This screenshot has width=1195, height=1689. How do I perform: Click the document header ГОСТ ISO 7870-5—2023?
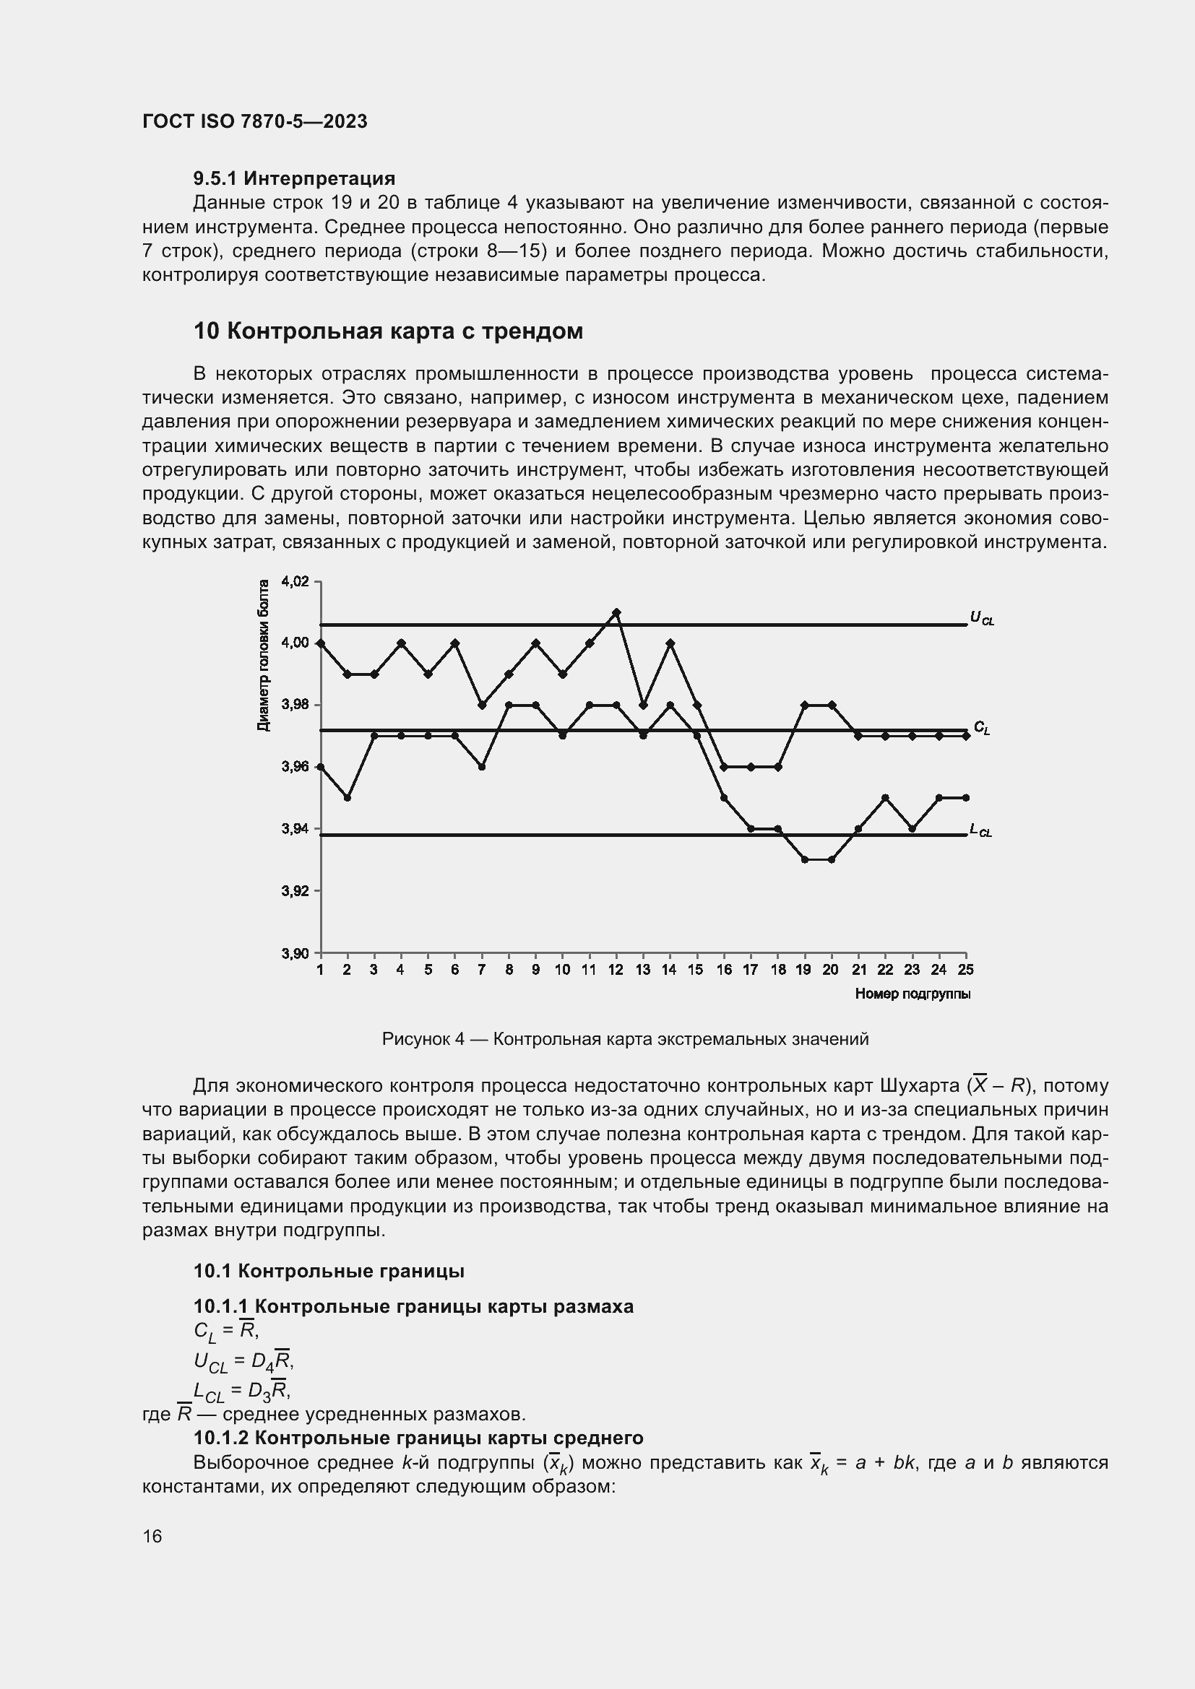click(x=254, y=122)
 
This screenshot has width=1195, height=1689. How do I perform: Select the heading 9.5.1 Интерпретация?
click(x=293, y=179)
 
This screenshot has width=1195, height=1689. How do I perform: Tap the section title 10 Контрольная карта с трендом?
click(x=388, y=331)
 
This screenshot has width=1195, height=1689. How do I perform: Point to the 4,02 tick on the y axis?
click(x=295, y=582)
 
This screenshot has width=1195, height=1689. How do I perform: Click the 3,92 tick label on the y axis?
click(x=295, y=892)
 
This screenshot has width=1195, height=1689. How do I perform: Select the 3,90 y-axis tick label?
click(x=295, y=954)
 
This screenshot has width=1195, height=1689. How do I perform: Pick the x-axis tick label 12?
click(x=616, y=971)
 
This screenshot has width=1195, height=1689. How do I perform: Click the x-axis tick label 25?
click(x=965, y=971)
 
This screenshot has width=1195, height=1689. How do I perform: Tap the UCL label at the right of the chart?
click(x=982, y=619)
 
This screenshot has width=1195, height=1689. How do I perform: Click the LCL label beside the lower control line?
click(x=981, y=830)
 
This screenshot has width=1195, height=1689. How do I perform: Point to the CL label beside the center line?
click(x=982, y=728)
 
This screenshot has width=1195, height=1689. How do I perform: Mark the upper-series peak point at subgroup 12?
click(x=616, y=612)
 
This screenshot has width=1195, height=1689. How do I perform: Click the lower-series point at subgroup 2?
click(x=348, y=797)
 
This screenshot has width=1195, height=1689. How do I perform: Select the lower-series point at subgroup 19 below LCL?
click(x=804, y=859)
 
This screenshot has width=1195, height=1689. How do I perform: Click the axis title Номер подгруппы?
click(x=913, y=994)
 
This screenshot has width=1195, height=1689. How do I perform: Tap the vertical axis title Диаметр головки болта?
click(x=264, y=656)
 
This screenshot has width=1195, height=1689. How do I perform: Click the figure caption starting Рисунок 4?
click(x=625, y=1038)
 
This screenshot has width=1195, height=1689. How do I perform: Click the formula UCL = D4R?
click(x=243, y=1362)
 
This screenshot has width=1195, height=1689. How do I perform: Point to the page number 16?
click(x=152, y=1537)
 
